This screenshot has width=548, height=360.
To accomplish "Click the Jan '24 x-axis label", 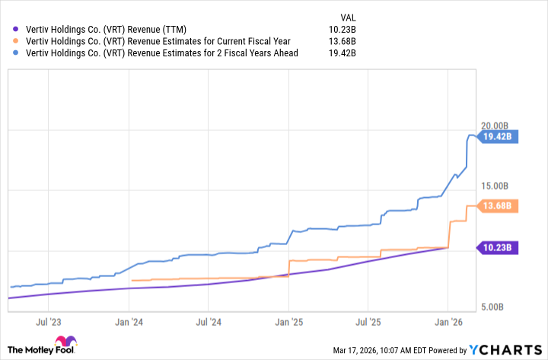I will click(x=129, y=323).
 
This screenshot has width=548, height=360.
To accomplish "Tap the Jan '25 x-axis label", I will click(x=288, y=323).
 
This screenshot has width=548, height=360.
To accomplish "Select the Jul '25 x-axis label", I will click(x=368, y=323).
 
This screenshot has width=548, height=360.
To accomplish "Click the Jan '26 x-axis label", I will click(x=448, y=323).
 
